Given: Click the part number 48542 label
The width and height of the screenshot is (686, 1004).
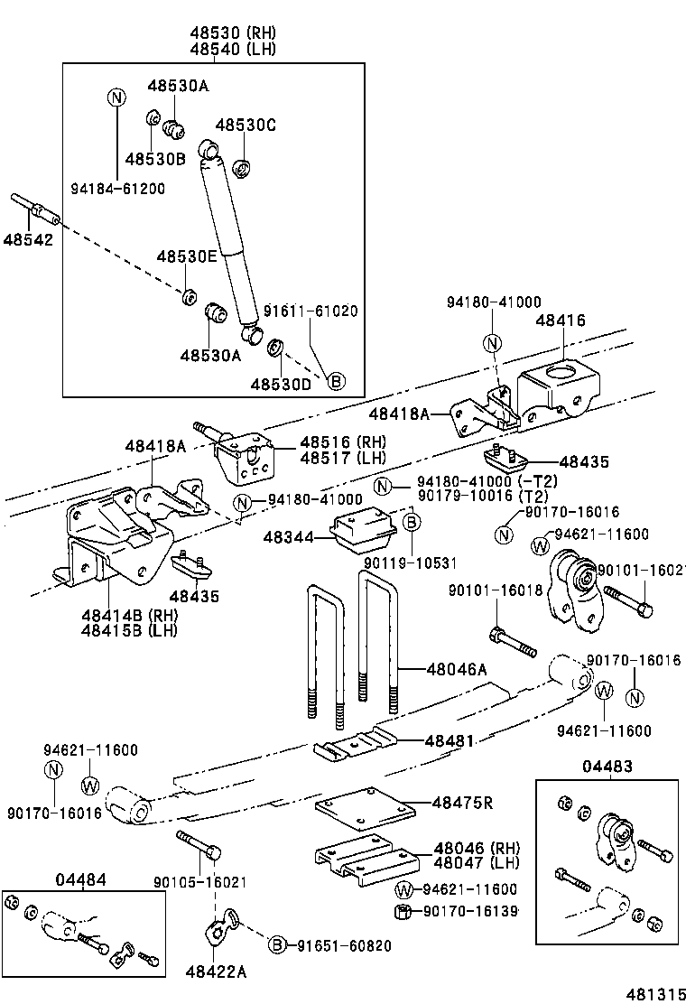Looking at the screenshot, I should [x=27, y=240].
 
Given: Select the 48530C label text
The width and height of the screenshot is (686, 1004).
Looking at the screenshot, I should [x=246, y=125].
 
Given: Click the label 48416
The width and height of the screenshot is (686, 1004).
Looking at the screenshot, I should [x=560, y=320].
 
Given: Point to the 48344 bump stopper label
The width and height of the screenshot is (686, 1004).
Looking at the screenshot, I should [x=288, y=537].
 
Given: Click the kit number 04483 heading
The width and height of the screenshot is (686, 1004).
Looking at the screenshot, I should [x=607, y=766].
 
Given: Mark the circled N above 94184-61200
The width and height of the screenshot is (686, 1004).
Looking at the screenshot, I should [x=116, y=97].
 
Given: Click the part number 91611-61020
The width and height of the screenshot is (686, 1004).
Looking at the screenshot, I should [x=311, y=311].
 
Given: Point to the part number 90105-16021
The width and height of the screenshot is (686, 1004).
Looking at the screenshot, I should [x=199, y=882].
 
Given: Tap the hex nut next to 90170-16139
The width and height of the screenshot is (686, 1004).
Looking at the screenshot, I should [x=404, y=911].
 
